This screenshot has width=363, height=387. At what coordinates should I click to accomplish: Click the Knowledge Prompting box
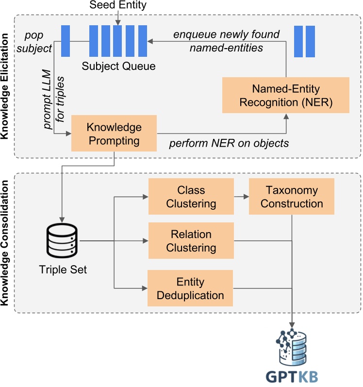pos(114,133)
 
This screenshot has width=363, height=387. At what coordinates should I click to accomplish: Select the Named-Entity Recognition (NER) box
pos(286,95)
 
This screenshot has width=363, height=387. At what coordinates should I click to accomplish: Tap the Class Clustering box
pos(191,197)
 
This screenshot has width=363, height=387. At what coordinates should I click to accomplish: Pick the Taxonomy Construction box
pos(292,197)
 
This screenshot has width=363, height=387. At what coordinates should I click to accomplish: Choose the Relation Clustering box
pos(191,241)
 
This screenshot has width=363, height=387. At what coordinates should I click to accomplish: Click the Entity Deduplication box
pos(190,288)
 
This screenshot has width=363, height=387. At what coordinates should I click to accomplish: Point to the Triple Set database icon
pos(62,241)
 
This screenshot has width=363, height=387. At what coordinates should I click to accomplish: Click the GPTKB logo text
pos(292,377)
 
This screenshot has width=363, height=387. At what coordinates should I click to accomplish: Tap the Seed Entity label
pos(118,5)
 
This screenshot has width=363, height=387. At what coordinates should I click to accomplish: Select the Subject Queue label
pos(118,66)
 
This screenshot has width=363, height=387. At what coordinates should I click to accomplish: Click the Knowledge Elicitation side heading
pos(5,86)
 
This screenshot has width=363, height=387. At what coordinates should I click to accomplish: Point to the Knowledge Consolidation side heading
pos(5,243)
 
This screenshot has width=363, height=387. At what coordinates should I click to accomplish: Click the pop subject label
pos(34,42)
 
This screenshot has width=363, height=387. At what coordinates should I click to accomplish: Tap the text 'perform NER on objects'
pos(229,143)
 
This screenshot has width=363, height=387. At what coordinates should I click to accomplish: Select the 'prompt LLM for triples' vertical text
pos(53,100)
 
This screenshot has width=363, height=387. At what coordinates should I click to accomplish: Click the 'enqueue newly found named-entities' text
pos(226,41)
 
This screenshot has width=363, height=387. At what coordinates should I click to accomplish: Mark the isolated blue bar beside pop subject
pos(66,41)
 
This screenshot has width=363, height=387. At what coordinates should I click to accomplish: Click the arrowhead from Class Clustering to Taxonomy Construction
pos(246,197)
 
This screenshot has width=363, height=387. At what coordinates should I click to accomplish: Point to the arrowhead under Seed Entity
pos(118,23)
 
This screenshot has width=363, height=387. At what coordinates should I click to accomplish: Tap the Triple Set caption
pos(63,270)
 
